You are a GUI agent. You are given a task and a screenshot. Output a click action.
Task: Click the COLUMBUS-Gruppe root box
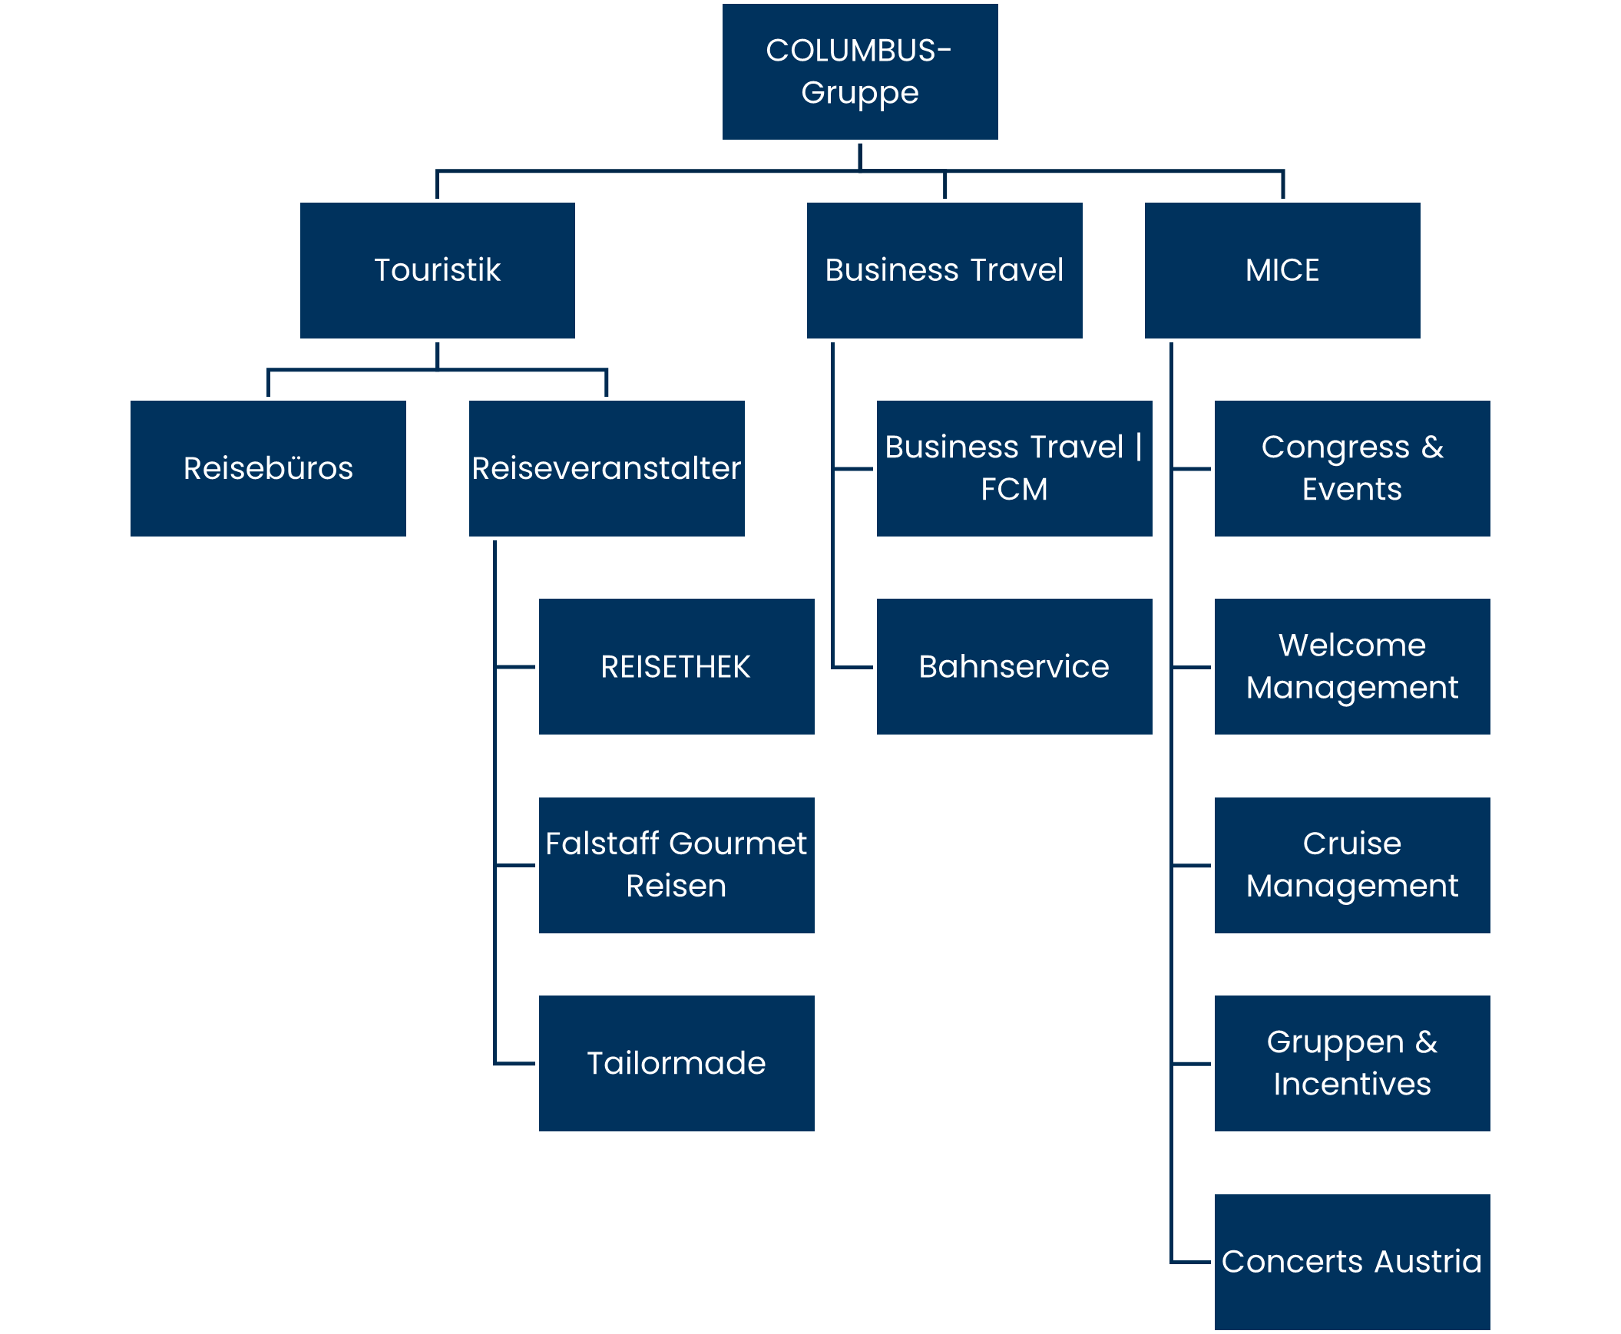[x=859, y=71]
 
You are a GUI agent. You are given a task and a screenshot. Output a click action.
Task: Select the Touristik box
[x=437, y=270]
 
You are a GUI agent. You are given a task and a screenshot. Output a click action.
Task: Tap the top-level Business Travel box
[x=944, y=270]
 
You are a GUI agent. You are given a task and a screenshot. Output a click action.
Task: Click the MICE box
[x=1282, y=270]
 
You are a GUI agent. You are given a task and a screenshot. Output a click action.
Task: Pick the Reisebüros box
[x=267, y=469]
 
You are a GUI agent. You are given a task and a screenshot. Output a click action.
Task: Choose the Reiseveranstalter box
[x=606, y=469]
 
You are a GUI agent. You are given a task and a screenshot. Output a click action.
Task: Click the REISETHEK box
[x=676, y=667]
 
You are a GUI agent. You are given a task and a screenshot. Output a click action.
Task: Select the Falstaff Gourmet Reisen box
[x=676, y=865]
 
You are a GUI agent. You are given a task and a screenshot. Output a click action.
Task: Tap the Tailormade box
[x=676, y=1064]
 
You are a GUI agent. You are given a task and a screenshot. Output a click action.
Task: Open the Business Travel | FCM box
[x=1014, y=469]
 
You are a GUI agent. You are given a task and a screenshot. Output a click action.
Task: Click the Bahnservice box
[x=1014, y=667]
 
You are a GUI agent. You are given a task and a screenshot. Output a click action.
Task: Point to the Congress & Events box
[x=1352, y=469]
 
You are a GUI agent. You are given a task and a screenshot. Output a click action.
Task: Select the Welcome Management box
[x=1352, y=667]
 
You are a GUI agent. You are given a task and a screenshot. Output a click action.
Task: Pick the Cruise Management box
[x=1352, y=865]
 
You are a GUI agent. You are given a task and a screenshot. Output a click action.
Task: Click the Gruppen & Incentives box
[x=1352, y=1064]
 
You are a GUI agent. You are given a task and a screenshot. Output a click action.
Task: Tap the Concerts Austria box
[x=1352, y=1262]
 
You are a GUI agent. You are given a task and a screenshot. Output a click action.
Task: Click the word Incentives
[x=1352, y=1085]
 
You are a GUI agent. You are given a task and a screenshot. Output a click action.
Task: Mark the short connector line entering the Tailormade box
[x=515, y=1065]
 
